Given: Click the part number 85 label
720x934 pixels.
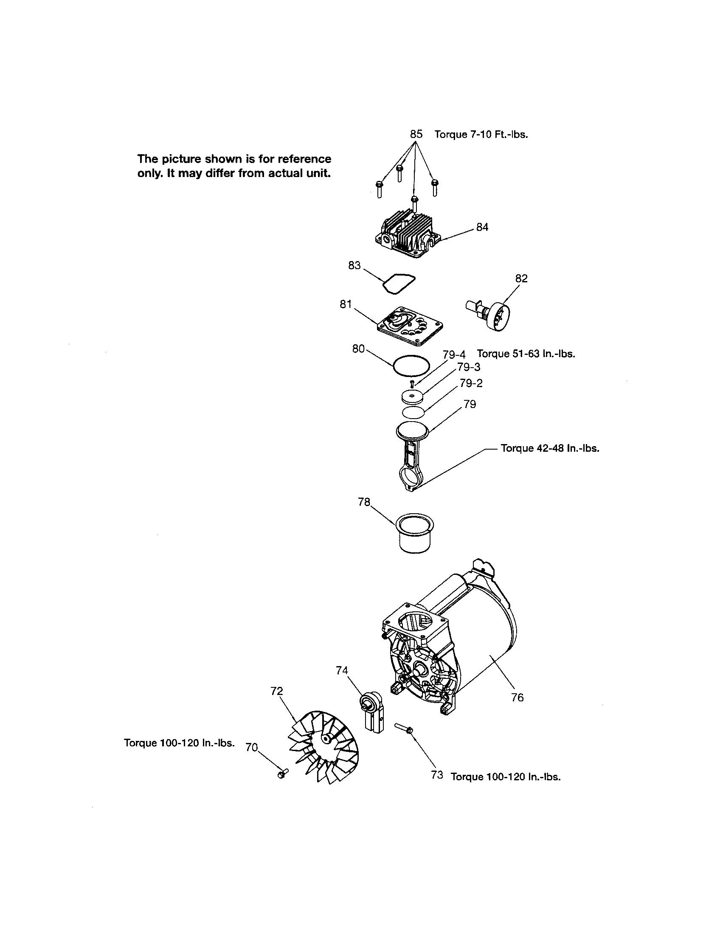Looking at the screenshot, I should [416, 134].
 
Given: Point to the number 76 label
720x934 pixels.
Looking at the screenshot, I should [517, 698].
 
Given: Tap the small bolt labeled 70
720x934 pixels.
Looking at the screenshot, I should [282, 774].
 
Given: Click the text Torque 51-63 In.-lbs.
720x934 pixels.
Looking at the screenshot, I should [526, 354].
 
